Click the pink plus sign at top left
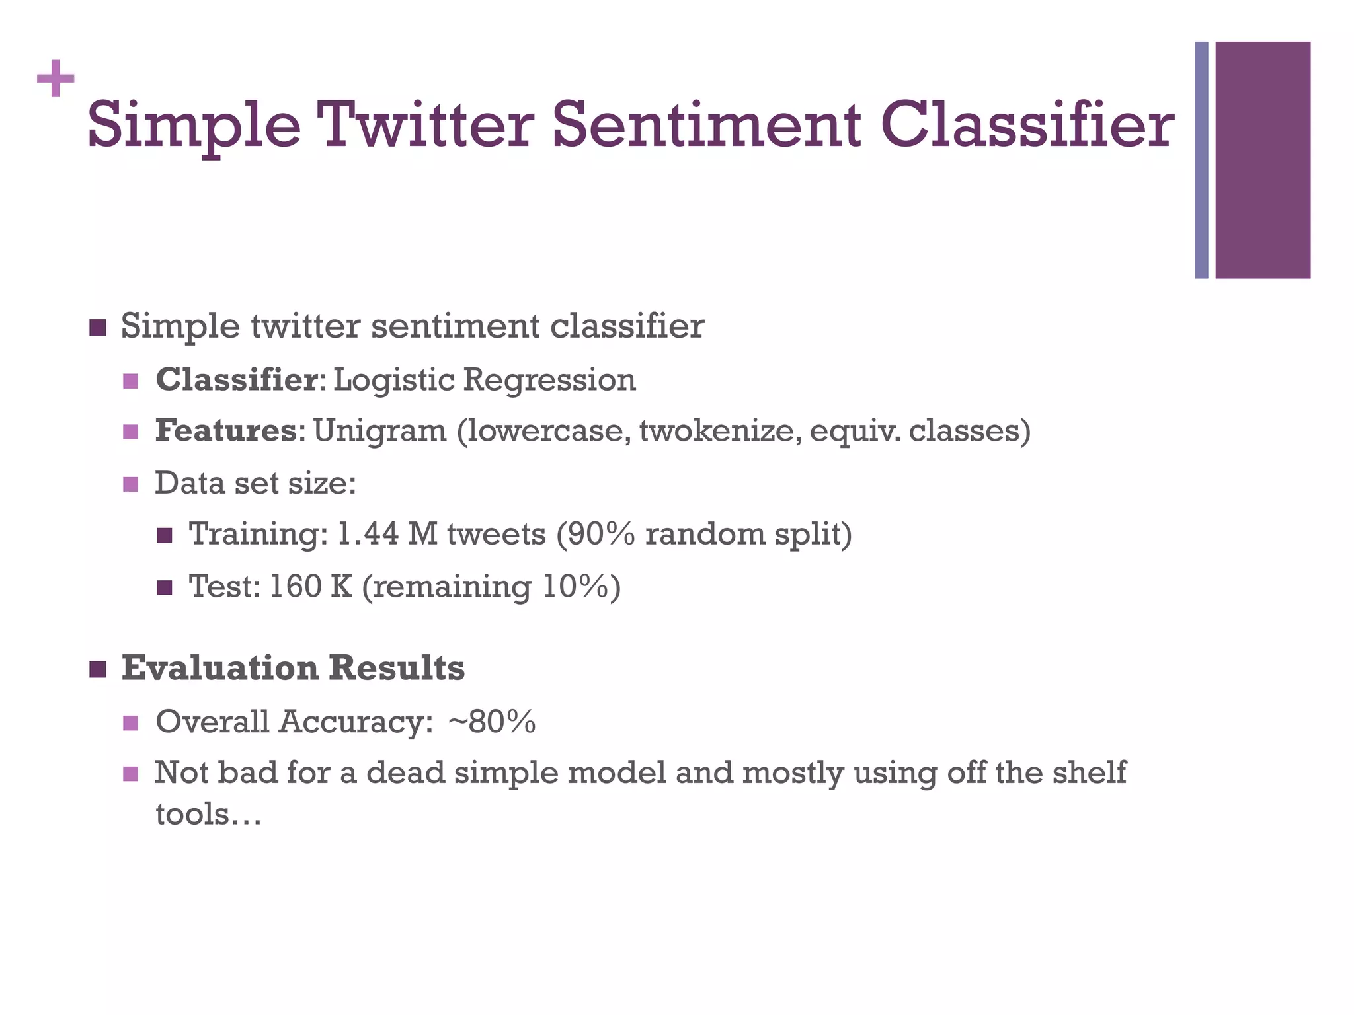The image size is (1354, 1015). click(56, 79)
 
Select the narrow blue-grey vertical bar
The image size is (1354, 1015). click(1201, 160)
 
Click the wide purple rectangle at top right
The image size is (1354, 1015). click(1263, 160)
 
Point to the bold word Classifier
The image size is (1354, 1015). click(237, 380)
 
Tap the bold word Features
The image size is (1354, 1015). click(226, 431)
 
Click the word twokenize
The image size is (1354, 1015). click(719, 431)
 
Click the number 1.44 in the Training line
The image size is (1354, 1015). click(368, 534)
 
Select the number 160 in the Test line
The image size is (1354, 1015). click(295, 586)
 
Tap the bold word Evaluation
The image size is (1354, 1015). click(220, 668)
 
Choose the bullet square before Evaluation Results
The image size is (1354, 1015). click(97, 669)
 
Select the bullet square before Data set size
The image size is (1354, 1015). click(131, 484)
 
